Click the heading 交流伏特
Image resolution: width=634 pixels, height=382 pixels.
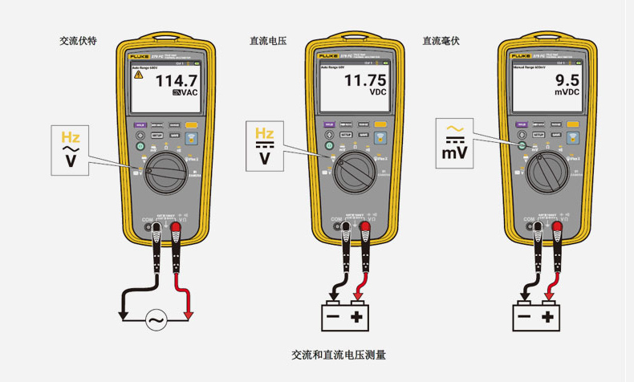(78, 40)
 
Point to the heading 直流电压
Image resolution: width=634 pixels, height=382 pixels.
(268, 40)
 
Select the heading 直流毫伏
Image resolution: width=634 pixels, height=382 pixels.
(441, 40)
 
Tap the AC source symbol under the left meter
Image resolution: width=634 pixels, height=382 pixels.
(155, 321)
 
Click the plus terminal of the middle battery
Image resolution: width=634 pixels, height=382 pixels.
(356, 317)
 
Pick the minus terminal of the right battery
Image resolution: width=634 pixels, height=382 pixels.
(525, 317)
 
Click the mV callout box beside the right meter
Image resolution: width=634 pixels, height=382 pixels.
(455, 143)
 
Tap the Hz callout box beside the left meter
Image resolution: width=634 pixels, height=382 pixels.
(71, 149)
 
